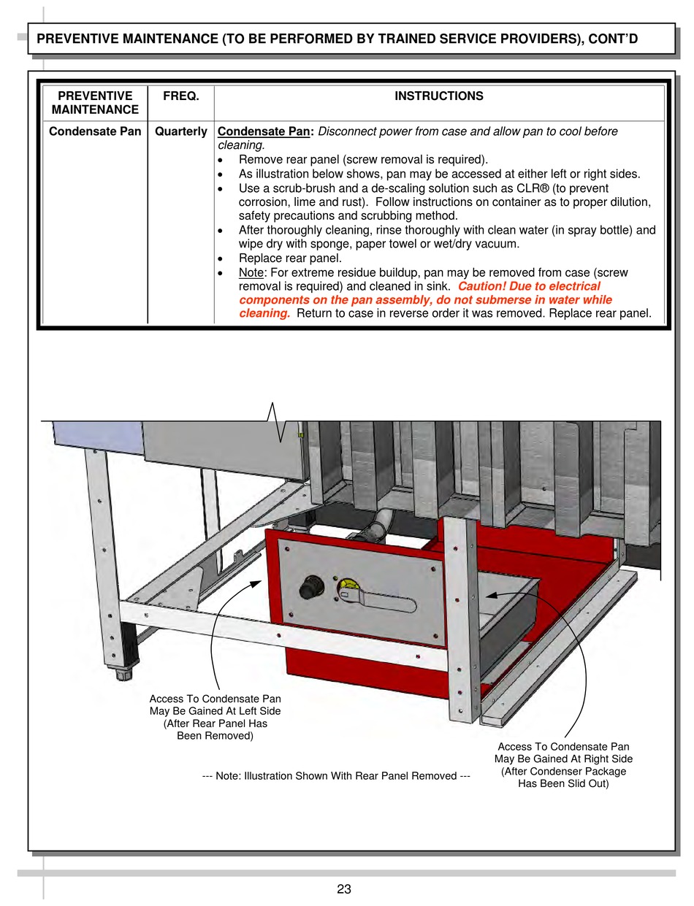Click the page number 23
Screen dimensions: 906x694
tap(344, 889)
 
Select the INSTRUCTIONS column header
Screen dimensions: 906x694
tap(438, 96)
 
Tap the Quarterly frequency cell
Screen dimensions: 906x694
tap(180, 132)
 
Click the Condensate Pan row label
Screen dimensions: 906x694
tap(95, 132)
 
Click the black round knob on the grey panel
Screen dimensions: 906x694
tap(310, 586)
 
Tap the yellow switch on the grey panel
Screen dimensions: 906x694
tap(346, 586)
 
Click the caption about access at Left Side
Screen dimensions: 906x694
tap(215, 718)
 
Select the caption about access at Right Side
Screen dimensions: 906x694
tap(563, 765)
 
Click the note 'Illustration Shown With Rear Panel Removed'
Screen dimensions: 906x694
tap(336, 776)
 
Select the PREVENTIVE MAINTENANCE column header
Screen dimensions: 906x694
tap(95, 103)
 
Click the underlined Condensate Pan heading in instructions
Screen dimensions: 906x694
tap(264, 132)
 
